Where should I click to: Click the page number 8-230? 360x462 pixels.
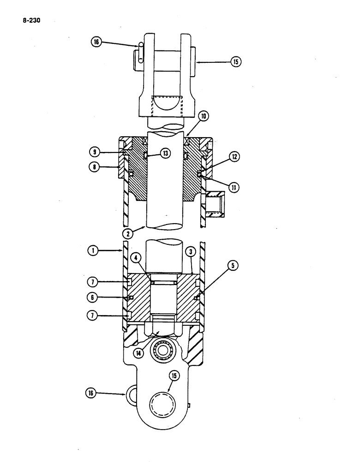(x=29, y=20)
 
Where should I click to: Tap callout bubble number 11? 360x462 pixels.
(x=235, y=187)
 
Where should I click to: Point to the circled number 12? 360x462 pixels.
(x=235, y=158)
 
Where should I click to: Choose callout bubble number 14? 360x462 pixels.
(x=138, y=353)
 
